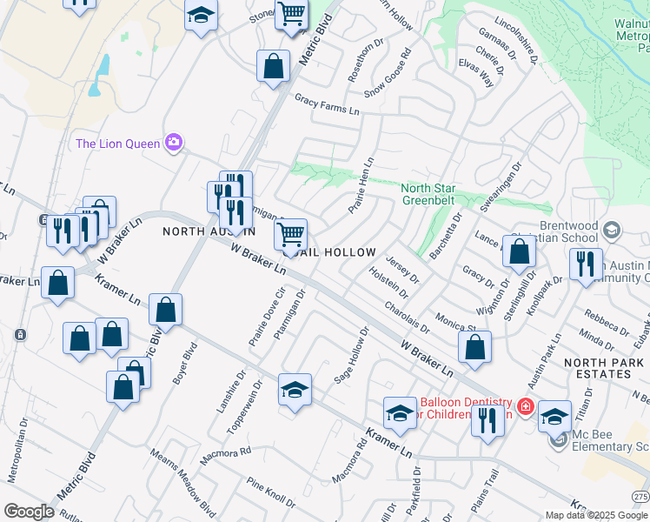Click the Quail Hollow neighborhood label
click(334, 252)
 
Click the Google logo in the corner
click(29, 512)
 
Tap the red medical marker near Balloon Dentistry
click(525, 406)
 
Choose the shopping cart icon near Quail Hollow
click(290, 233)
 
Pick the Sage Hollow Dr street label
click(352, 356)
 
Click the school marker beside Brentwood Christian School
click(611, 230)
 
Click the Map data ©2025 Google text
click(596, 515)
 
